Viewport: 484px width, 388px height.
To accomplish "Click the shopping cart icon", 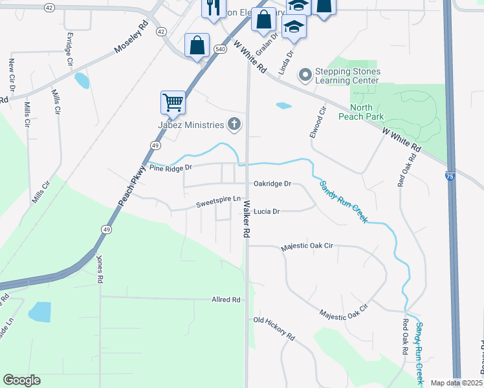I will point(173,102).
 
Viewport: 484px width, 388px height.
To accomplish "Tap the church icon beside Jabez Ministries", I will point(234,124).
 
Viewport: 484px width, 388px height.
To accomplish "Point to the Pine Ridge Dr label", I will point(171,167).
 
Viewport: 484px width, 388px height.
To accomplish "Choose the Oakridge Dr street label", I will point(272,184).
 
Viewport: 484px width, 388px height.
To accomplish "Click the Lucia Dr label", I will point(266,211).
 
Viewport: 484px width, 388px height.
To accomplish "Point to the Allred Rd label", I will point(226,300).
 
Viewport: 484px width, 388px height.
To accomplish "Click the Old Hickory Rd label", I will point(274,329).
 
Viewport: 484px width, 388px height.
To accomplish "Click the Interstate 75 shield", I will point(450,176).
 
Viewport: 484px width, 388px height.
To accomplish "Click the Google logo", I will point(21,380).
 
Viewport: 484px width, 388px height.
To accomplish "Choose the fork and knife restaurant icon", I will point(212,8).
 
